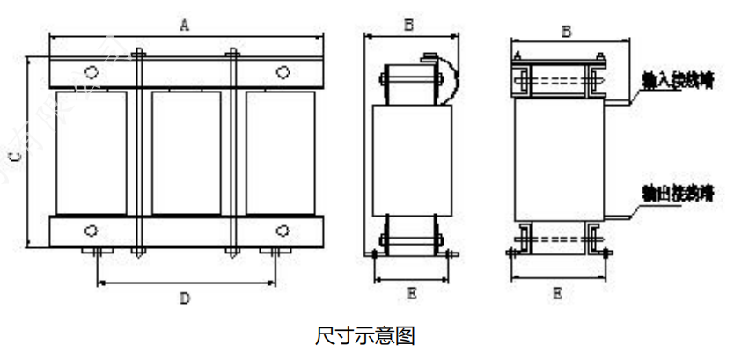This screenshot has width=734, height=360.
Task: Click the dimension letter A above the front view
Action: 184,26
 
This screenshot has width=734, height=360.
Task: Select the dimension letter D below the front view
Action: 185,298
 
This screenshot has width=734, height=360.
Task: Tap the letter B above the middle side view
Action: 409,26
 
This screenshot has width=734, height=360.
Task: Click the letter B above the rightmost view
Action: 567,31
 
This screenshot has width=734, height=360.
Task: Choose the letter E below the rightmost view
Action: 557,293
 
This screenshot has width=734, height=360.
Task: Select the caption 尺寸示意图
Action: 364,335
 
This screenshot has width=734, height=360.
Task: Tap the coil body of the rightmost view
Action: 557,158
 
